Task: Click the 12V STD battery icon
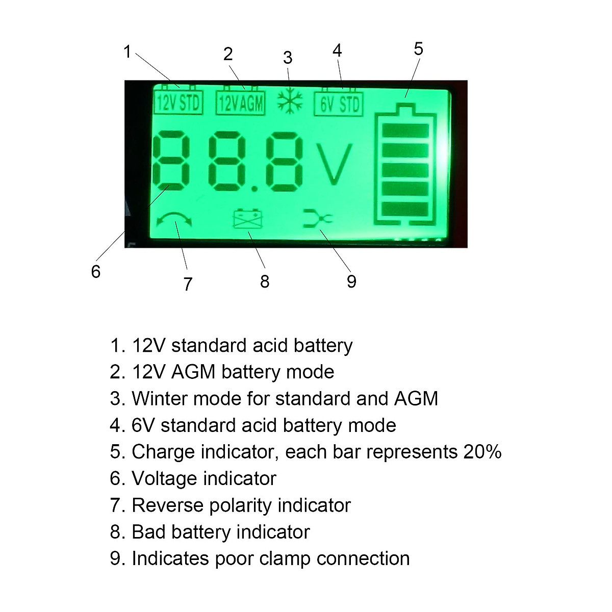coord(178,102)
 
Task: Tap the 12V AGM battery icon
coord(240,103)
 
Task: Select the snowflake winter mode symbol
coord(290,101)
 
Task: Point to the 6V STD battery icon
coord(339,104)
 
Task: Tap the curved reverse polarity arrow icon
coord(174,220)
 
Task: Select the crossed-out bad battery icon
coord(248,219)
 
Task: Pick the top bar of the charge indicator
coord(405,131)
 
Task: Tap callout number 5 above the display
coord(418,49)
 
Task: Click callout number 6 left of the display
coord(96,272)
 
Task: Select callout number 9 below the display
coord(351,282)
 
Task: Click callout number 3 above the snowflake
coord(288,58)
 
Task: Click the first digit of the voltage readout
coord(172,161)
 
